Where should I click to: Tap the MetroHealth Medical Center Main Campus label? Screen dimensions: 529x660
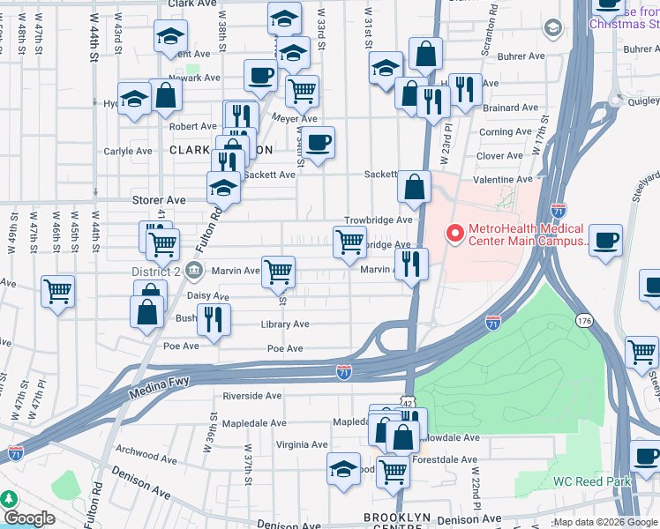coord(526,235)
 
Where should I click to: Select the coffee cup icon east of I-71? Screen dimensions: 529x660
coord(605,240)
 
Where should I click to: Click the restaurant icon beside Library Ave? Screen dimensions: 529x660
coord(213,318)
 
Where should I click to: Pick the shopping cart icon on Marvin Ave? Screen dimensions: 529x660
coord(279,272)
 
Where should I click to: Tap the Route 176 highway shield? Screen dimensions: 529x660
coord(583,318)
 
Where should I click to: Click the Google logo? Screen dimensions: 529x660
coord(29,518)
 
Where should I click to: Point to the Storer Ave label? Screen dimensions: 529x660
coord(159,200)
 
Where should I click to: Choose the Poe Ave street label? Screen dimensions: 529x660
coord(285,349)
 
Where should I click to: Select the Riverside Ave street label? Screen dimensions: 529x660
coord(251,396)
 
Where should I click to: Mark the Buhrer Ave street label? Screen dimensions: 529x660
coord(521,56)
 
